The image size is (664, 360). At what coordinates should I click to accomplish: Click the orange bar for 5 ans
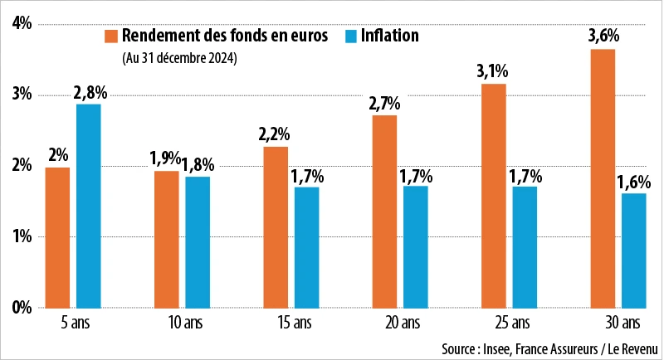[57, 237]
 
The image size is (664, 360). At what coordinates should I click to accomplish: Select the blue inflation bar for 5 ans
[88, 206]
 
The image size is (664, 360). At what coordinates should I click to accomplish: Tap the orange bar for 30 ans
[603, 178]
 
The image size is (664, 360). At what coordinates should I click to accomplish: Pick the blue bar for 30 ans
[633, 250]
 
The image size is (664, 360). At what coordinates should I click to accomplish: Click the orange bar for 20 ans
[384, 212]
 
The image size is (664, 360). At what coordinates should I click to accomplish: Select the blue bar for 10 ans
[198, 241]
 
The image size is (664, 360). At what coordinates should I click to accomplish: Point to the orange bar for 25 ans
[493, 196]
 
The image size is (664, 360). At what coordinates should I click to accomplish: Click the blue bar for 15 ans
[306, 247]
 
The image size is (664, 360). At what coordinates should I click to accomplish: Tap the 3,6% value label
[603, 37]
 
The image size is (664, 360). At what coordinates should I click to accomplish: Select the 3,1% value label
[493, 71]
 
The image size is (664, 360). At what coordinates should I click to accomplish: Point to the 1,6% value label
[635, 182]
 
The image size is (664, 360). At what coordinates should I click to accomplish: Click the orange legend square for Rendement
[111, 36]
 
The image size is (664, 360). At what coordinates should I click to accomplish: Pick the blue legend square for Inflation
[349, 36]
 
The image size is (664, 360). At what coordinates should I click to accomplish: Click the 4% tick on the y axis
[22, 24]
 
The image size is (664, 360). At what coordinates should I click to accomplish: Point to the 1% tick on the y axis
[22, 237]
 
